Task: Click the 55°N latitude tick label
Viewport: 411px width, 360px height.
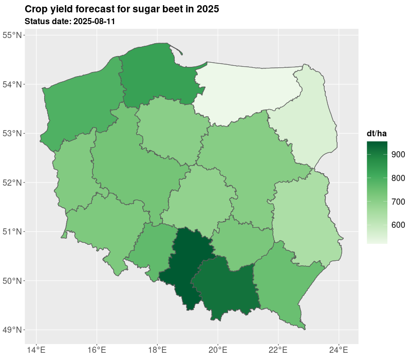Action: coord(12,35)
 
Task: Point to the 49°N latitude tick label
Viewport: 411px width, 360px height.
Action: coord(12,330)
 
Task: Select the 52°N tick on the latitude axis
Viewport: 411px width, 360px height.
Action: coord(12,183)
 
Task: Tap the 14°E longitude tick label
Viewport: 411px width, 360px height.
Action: coord(35,351)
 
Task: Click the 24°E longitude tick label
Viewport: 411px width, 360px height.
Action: coord(339,351)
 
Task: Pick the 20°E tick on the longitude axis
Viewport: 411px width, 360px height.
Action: coord(217,351)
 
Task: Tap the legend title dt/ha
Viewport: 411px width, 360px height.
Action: coord(377,134)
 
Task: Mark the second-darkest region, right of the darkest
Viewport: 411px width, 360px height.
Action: coord(226,288)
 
